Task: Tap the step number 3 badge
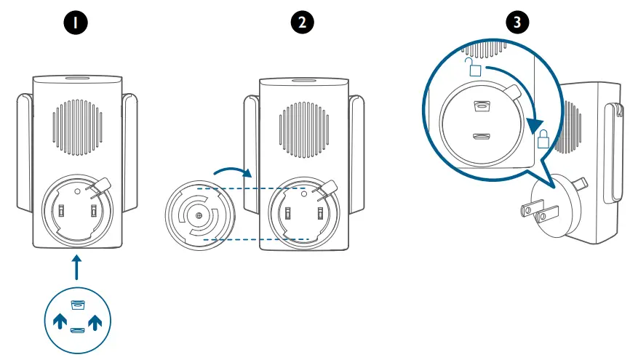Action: (x=517, y=23)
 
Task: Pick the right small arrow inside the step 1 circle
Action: (x=95, y=321)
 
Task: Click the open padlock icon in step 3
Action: (x=474, y=69)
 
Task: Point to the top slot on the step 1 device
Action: (x=76, y=77)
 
